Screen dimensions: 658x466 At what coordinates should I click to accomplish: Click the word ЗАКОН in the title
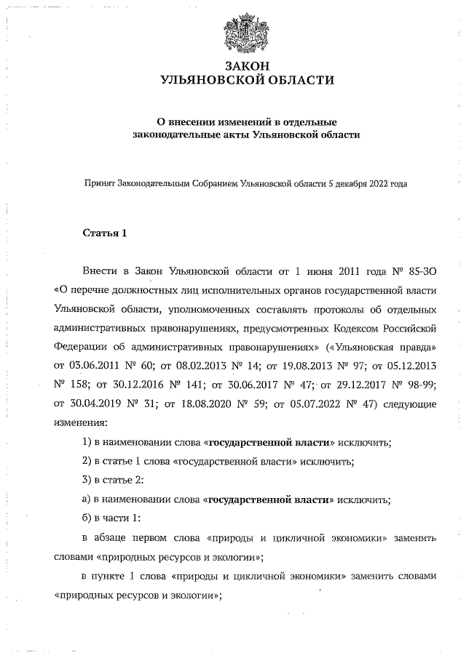pos(248,66)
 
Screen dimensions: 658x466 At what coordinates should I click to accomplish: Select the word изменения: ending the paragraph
pos(80,422)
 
